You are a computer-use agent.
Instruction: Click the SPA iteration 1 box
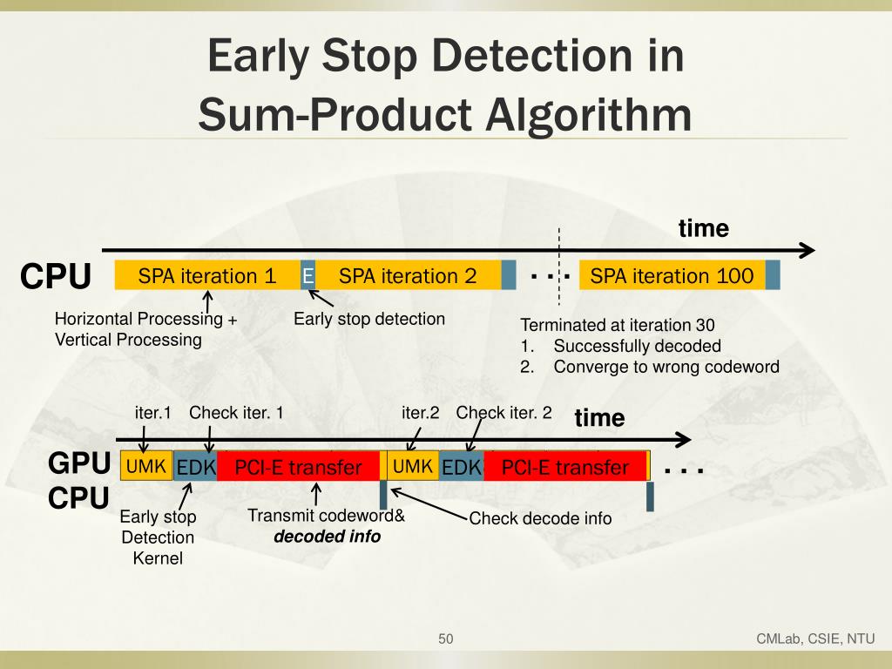coord(207,276)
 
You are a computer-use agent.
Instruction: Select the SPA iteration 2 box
coord(408,276)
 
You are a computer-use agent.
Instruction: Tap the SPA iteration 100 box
coord(672,276)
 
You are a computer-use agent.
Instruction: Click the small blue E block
coord(307,276)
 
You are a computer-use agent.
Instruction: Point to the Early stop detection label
coord(369,319)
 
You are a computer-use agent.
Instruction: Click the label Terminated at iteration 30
coord(618,325)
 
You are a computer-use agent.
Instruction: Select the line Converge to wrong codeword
coord(666,367)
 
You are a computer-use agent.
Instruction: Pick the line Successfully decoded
coord(637,346)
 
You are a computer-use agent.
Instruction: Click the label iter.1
coord(153,413)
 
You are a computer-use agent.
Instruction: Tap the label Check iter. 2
coord(504,413)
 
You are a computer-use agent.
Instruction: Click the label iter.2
coord(420,413)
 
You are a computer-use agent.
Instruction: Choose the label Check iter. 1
coord(237,413)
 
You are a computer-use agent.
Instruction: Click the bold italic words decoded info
coord(328,537)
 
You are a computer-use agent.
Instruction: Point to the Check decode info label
coord(540,519)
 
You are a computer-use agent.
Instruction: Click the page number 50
coord(446,639)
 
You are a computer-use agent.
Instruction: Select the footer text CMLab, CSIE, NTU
coord(814,639)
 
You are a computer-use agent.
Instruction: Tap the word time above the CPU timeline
coord(703,228)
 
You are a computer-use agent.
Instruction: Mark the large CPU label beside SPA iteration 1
coord(56,277)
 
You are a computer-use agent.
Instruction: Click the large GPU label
coord(78,463)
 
